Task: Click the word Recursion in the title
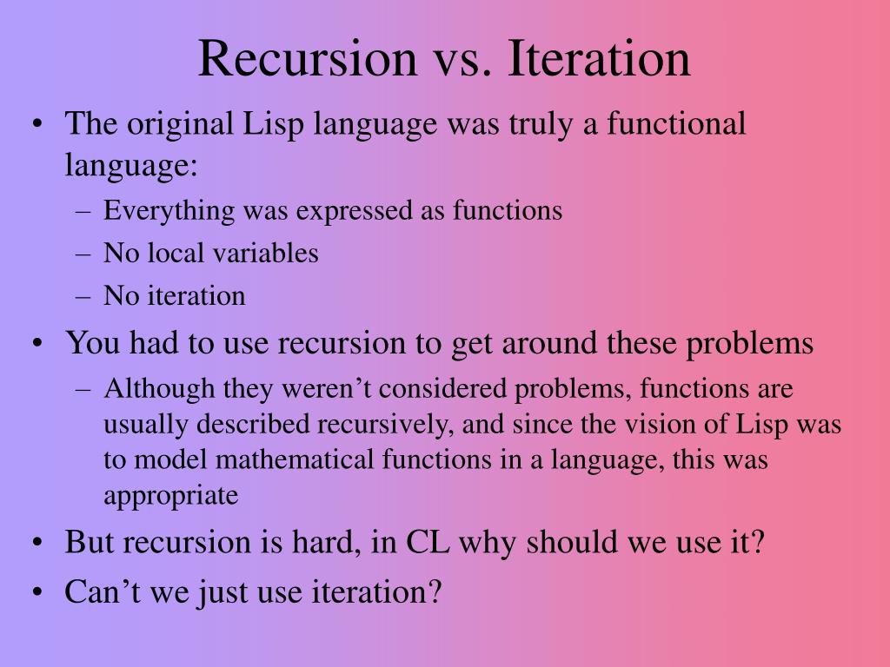point(308,58)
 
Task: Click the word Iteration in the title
point(599,58)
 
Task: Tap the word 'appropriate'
point(170,496)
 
